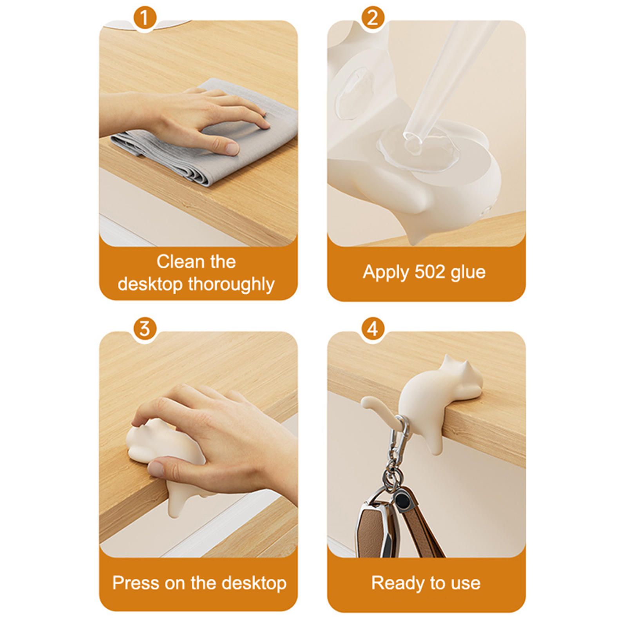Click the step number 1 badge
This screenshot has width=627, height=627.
coord(145,18)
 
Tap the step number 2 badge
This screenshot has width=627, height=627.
coord(373,18)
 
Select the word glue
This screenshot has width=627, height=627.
coord(468,272)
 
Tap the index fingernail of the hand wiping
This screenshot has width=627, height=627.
coord(232,149)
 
